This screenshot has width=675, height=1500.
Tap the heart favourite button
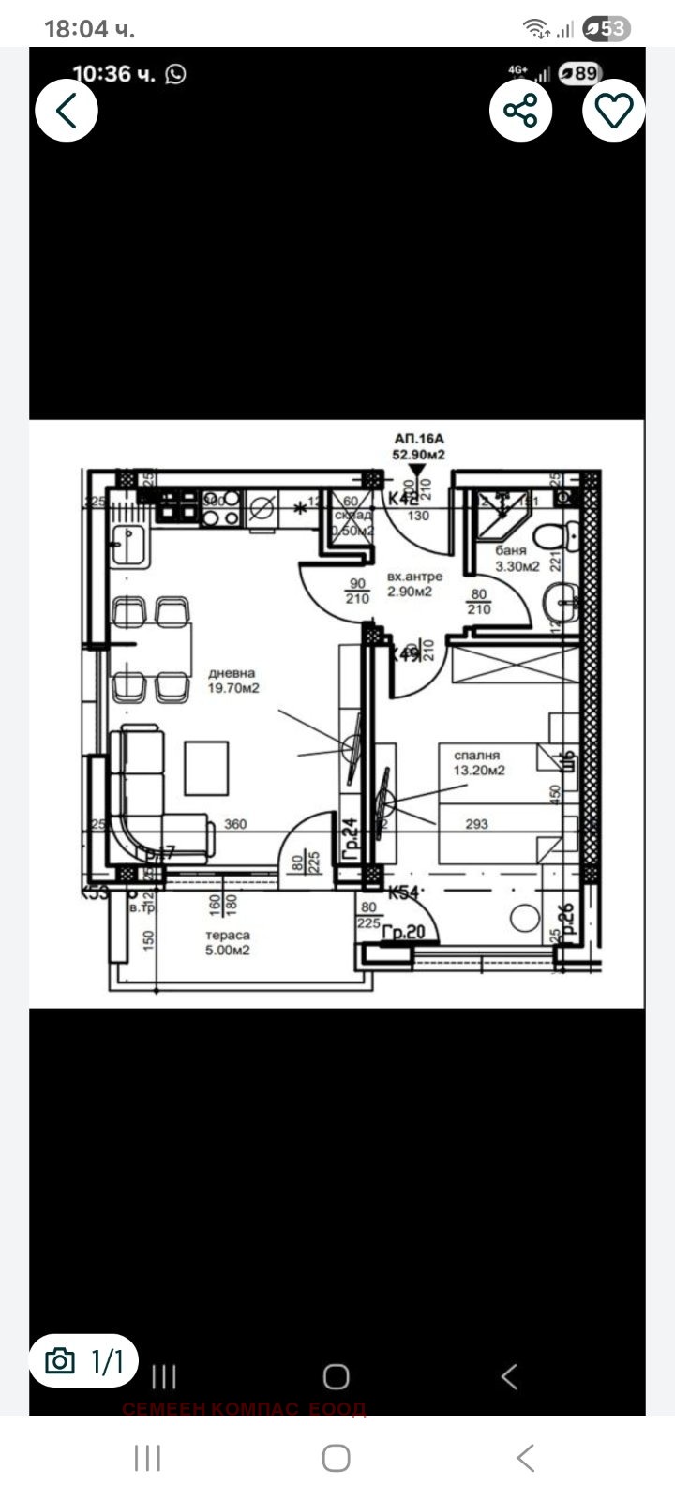click(614, 111)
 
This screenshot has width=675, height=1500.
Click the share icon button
click(520, 111)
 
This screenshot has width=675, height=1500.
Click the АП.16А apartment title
click(418, 438)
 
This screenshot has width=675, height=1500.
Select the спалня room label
click(477, 755)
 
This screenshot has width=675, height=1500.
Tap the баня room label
click(513, 551)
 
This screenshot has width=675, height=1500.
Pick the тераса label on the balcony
click(228, 935)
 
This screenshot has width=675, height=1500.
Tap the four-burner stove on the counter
click(178, 506)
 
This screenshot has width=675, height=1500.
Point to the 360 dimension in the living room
click(236, 824)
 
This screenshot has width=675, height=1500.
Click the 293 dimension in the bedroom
click(477, 824)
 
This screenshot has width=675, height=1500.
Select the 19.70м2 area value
click(233, 688)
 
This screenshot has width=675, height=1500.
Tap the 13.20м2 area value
click(480, 771)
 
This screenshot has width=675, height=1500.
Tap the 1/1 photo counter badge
click(83, 1361)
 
